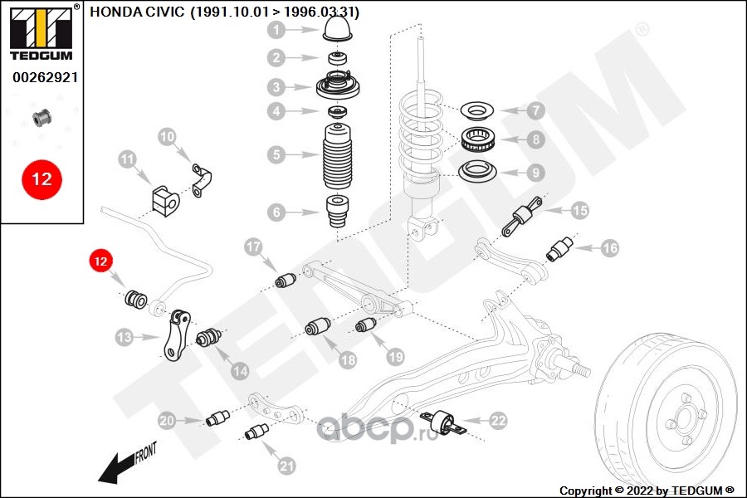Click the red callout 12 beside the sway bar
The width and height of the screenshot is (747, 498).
pos(100,261)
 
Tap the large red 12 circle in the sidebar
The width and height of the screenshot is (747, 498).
pos(42,179)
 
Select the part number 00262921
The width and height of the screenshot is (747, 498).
pos(46,77)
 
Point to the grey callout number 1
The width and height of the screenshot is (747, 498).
pos(276,30)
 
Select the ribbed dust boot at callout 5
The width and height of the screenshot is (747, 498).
pos(338,156)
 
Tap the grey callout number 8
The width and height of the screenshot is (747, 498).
pos(536,139)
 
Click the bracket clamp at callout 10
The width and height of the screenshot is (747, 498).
pos(202,180)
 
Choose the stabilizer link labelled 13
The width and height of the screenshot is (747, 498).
pos(176,335)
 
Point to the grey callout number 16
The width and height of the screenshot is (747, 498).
pos(610,248)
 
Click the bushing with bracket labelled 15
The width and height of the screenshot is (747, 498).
pos(522,217)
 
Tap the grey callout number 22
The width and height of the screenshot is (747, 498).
pos(498,421)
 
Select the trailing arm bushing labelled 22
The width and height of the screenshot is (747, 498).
pos(443,422)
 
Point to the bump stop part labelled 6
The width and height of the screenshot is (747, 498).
pos(337,212)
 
